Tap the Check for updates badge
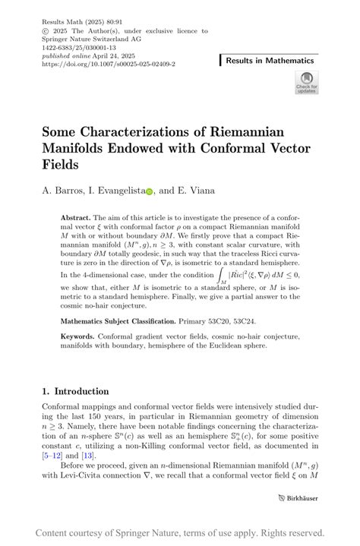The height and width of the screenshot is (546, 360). (306, 82)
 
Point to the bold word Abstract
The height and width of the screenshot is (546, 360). (75, 217)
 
